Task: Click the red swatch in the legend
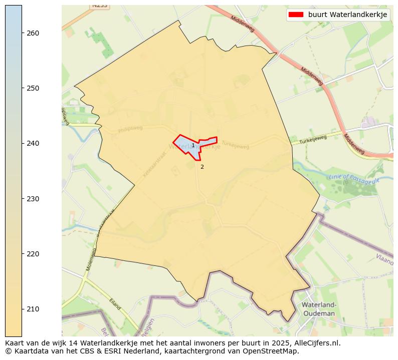click(x=296, y=15)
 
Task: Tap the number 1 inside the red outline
click(x=193, y=146)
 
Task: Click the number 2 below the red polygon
click(x=202, y=167)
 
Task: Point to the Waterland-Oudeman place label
click(x=318, y=309)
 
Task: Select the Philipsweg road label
click(x=130, y=130)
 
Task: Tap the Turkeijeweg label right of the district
click(x=313, y=140)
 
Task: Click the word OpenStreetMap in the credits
click(x=272, y=351)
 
